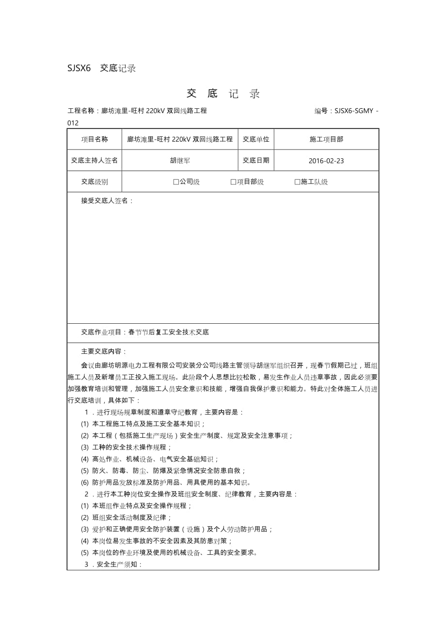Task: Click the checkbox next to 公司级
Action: point(176,182)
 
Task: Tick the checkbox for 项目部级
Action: point(233,182)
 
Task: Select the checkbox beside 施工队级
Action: point(297,182)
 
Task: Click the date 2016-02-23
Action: point(326,161)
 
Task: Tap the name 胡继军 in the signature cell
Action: point(180,161)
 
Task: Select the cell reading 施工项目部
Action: point(326,139)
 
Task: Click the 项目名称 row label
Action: point(95,139)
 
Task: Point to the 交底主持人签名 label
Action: point(95,160)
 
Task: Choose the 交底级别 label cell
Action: point(95,182)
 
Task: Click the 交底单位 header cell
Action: point(256,139)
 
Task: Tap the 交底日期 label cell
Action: point(256,160)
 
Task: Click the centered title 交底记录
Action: point(223,94)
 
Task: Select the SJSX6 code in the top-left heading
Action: point(79,68)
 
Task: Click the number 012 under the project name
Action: point(73,123)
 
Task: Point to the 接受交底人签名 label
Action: point(107,200)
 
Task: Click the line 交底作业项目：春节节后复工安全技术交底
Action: point(145,333)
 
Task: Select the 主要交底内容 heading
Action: point(104,351)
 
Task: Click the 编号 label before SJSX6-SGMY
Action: point(322,111)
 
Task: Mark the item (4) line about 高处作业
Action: point(150,459)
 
